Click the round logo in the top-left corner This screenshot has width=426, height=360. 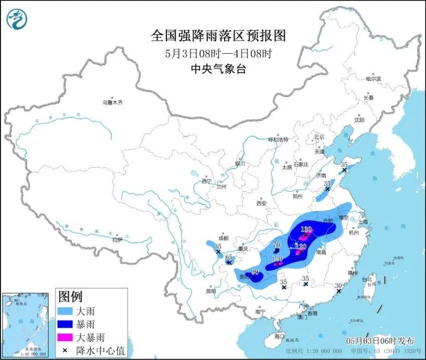[x=18, y=19]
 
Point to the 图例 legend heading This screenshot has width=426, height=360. [x=71, y=296]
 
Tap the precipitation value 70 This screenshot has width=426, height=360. [x=276, y=245]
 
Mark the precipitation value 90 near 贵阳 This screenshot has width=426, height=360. [x=255, y=272]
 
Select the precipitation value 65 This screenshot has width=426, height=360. [x=228, y=257]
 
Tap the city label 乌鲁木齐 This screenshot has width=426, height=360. [x=113, y=103]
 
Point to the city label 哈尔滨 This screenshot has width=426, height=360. [x=373, y=79]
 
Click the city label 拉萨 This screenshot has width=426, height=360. [x=117, y=240]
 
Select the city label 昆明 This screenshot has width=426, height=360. [x=211, y=291]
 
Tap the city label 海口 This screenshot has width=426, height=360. [x=279, y=336]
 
